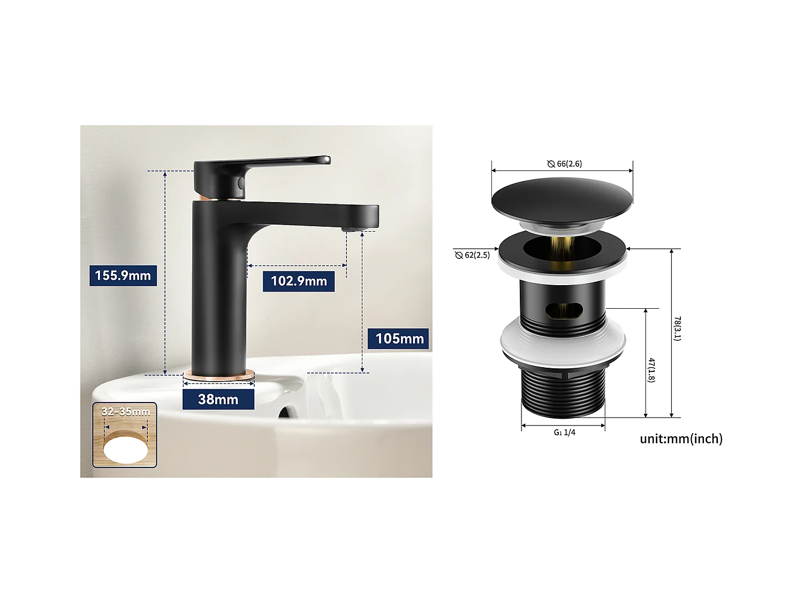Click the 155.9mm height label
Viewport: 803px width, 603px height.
pos(123,276)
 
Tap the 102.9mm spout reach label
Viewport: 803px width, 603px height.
pos(298,281)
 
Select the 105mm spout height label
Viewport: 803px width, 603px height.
pos(399,339)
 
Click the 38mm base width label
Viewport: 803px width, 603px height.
pos(218,399)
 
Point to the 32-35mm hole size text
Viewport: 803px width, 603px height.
pos(125,412)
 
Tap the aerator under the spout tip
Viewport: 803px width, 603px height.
pos(350,229)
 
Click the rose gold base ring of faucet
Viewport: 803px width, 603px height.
pos(218,377)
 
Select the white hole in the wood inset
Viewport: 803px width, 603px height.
pos(126,449)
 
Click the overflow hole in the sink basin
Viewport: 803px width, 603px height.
pos(287,412)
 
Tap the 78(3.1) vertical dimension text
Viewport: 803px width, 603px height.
pos(677,329)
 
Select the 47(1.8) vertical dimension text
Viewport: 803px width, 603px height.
pos(652,370)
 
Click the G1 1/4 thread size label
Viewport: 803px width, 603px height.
pos(564,432)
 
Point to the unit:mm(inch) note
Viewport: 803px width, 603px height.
pos(681,439)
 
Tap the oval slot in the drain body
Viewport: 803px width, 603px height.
pos(563,310)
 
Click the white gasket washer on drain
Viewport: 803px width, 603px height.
pos(563,343)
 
